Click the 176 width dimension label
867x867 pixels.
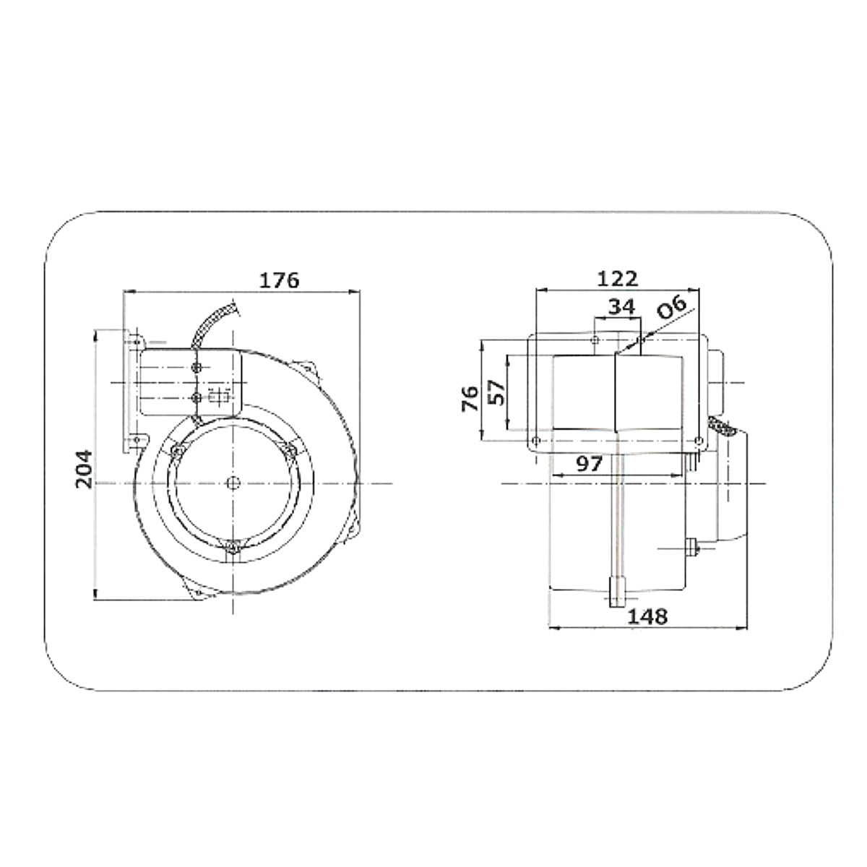pyautogui.click(x=279, y=279)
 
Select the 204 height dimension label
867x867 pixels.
pyautogui.click(x=85, y=469)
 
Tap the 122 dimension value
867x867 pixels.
pyautogui.click(x=618, y=277)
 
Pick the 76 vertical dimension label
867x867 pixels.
pyautogui.click(x=470, y=399)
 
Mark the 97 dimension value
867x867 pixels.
pyautogui.click(x=590, y=463)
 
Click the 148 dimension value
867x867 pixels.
pyautogui.click(x=647, y=616)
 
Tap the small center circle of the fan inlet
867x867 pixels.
pyautogui.click(x=232, y=482)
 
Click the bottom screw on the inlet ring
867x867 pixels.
pyautogui.click(x=232, y=548)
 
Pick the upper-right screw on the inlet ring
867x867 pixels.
pyautogui.click(x=290, y=451)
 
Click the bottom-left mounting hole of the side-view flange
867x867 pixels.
pyautogui.click(x=535, y=441)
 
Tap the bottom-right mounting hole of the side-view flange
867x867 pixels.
pyautogui.click(x=698, y=441)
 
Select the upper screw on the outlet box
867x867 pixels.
pyautogui.click(x=197, y=368)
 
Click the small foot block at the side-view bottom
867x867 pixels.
pyautogui.click(x=618, y=592)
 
